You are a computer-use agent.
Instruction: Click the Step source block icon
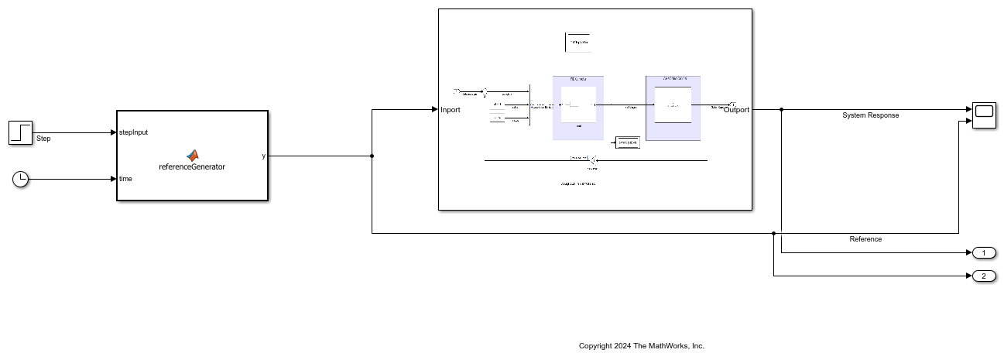point(21,132)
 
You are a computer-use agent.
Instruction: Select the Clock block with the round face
point(21,179)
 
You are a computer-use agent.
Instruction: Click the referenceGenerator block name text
point(192,166)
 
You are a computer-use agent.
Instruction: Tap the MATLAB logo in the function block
point(192,155)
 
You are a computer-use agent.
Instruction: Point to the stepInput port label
point(133,132)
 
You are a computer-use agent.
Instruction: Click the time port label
point(125,179)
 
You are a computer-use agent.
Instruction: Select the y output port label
point(263,156)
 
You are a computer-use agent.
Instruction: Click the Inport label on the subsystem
point(451,110)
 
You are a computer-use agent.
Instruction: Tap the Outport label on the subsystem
point(736,110)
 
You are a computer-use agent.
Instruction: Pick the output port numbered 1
point(983,253)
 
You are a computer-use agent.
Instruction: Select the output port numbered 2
point(983,276)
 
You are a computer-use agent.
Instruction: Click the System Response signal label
point(870,115)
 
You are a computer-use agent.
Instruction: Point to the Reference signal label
point(865,239)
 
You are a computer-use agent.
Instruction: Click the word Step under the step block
point(43,139)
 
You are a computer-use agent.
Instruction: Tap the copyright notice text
point(642,346)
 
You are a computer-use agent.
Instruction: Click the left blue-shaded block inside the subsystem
point(578,108)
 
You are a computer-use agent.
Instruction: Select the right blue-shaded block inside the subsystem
point(673,108)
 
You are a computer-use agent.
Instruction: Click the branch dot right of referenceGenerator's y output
point(372,156)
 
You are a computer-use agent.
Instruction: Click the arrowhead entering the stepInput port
point(112,132)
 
